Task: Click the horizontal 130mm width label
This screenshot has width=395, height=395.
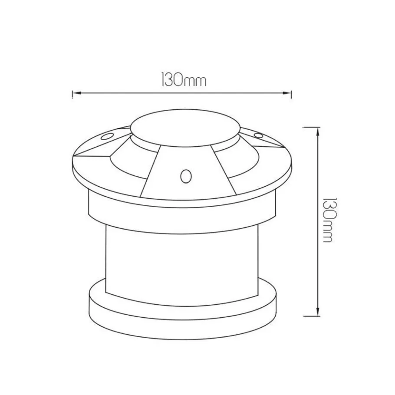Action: [184, 80]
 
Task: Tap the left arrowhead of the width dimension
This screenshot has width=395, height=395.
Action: [76, 93]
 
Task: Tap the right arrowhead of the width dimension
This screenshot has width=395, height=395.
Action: [287, 93]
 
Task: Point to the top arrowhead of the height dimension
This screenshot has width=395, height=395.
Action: [318, 132]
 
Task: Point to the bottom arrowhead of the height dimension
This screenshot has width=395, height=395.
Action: [318, 311]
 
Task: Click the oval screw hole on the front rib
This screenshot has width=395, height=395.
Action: [186, 176]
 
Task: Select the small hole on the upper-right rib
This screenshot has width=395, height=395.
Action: [258, 135]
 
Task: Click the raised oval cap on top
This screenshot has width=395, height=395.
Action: [186, 128]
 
